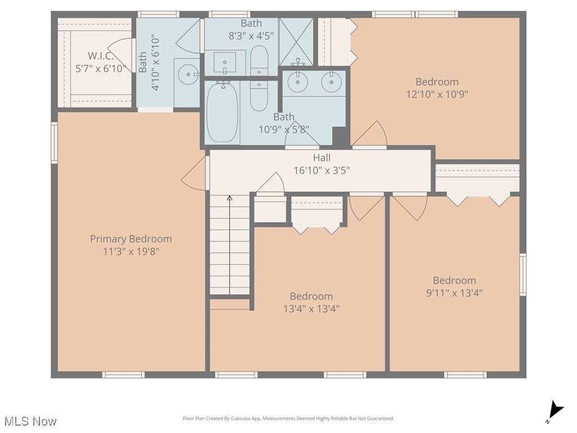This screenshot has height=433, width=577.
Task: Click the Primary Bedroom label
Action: pos(131,239)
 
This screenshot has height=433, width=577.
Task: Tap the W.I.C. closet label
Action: pos(100,56)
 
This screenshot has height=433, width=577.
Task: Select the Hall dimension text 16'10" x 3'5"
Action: pos(322,170)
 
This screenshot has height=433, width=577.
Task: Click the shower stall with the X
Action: pos(296,42)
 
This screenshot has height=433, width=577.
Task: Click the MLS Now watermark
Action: pos(30,421)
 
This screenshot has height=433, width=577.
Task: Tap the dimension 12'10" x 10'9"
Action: pos(437,94)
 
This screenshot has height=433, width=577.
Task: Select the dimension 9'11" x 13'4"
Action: pos(455,293)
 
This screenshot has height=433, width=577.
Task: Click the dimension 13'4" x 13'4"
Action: pos(311,308)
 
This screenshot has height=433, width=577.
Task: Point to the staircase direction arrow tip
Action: pos(230,196)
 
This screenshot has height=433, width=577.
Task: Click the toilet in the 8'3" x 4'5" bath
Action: pos(259,60)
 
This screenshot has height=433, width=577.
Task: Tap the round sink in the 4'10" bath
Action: pos(188,74)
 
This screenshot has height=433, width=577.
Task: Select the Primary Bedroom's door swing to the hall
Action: pos(194,173)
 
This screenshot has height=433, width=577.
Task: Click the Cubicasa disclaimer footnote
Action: pos(288,418)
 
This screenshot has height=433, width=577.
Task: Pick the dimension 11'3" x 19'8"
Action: pos(131,251)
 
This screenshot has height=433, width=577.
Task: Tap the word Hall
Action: pos(322,158)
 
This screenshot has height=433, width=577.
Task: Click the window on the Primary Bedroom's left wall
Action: pos(55,143)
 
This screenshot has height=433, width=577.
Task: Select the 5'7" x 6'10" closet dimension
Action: pos(100,68)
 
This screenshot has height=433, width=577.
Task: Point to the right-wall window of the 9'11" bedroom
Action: pos(523,275)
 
